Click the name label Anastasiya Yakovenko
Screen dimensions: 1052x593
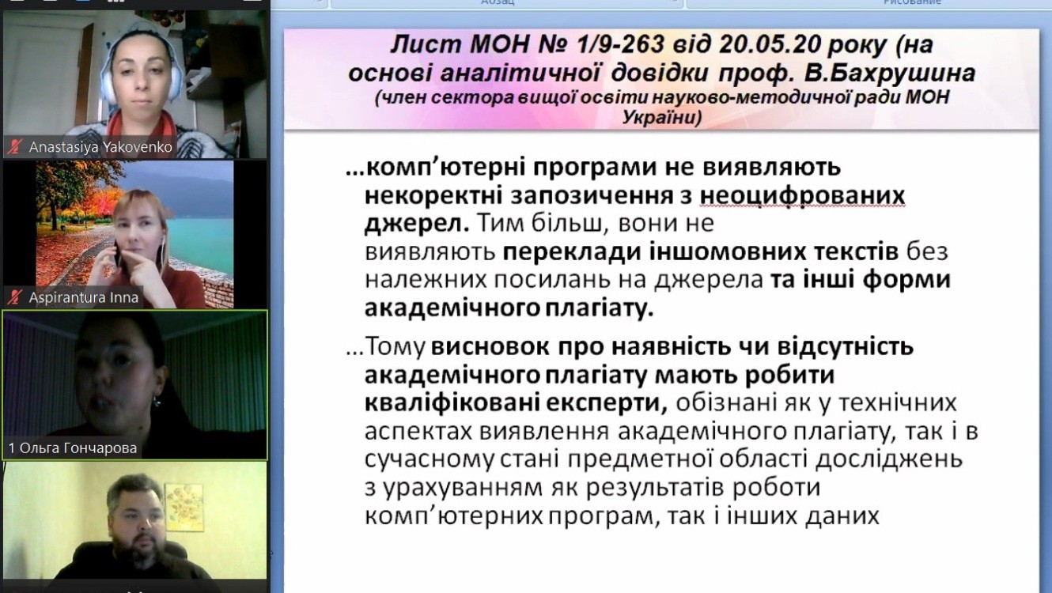coord(100,147)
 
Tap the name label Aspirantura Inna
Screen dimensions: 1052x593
coord(84,297)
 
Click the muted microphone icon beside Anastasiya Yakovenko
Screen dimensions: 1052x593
coord(14,147)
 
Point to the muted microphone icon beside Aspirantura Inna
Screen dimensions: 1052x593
coord(14,297)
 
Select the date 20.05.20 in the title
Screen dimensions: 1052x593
coord(770,44)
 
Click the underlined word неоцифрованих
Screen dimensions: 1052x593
coord(802,196)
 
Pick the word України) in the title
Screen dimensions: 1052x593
coord(662,117)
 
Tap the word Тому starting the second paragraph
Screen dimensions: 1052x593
coord(395,347)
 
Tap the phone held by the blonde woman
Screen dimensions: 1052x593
coord(116,256)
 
